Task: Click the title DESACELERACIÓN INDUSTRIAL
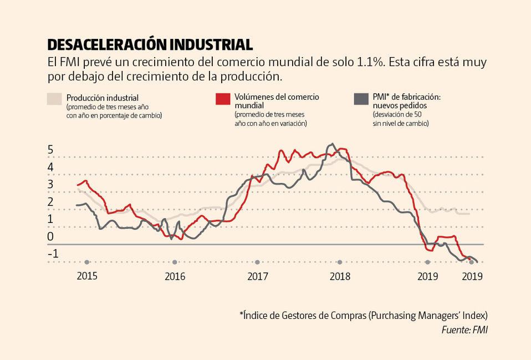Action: [150, 44]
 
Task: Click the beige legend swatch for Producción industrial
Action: [54, 99]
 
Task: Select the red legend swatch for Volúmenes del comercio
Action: [222, 99]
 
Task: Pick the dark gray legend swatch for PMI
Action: [360, 99]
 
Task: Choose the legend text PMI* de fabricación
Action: [406, 97]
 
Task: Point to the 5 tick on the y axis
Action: [50, 150]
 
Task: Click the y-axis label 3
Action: [50, 185]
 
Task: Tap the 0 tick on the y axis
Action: [50, 237]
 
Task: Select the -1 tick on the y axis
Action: [52, 253]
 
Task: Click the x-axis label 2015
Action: [87, 276]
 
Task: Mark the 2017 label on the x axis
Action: [257, 276]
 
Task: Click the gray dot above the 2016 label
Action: [175, 262]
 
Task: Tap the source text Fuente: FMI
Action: [464, 330]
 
